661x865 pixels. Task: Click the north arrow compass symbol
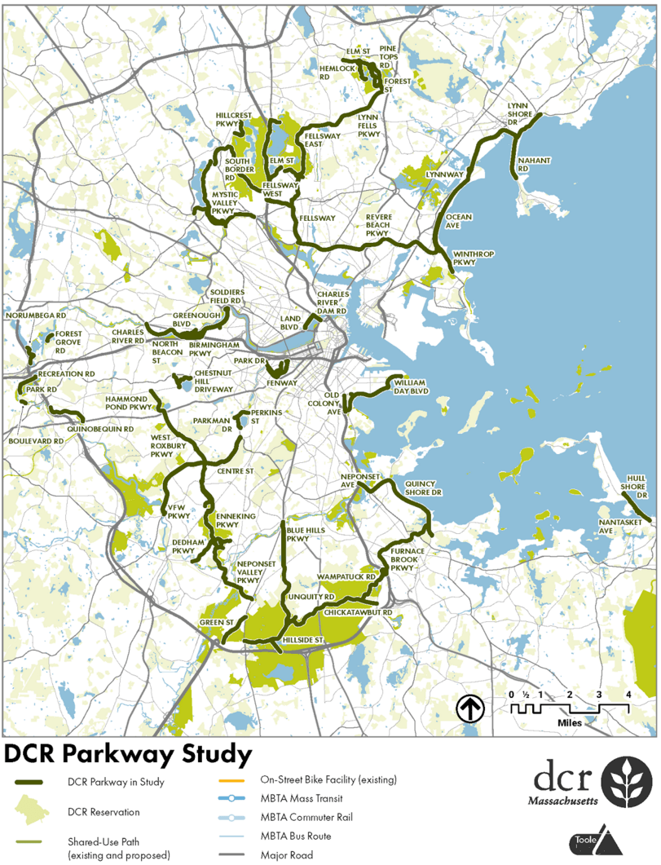pos(470,708)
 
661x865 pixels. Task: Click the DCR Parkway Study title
pos(128,755)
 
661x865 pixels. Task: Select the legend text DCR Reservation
pos(103,812)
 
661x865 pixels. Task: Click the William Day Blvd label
pos(410,386)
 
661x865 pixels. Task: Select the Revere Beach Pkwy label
pos(379,226)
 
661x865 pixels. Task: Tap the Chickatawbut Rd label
pos(358,611)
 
